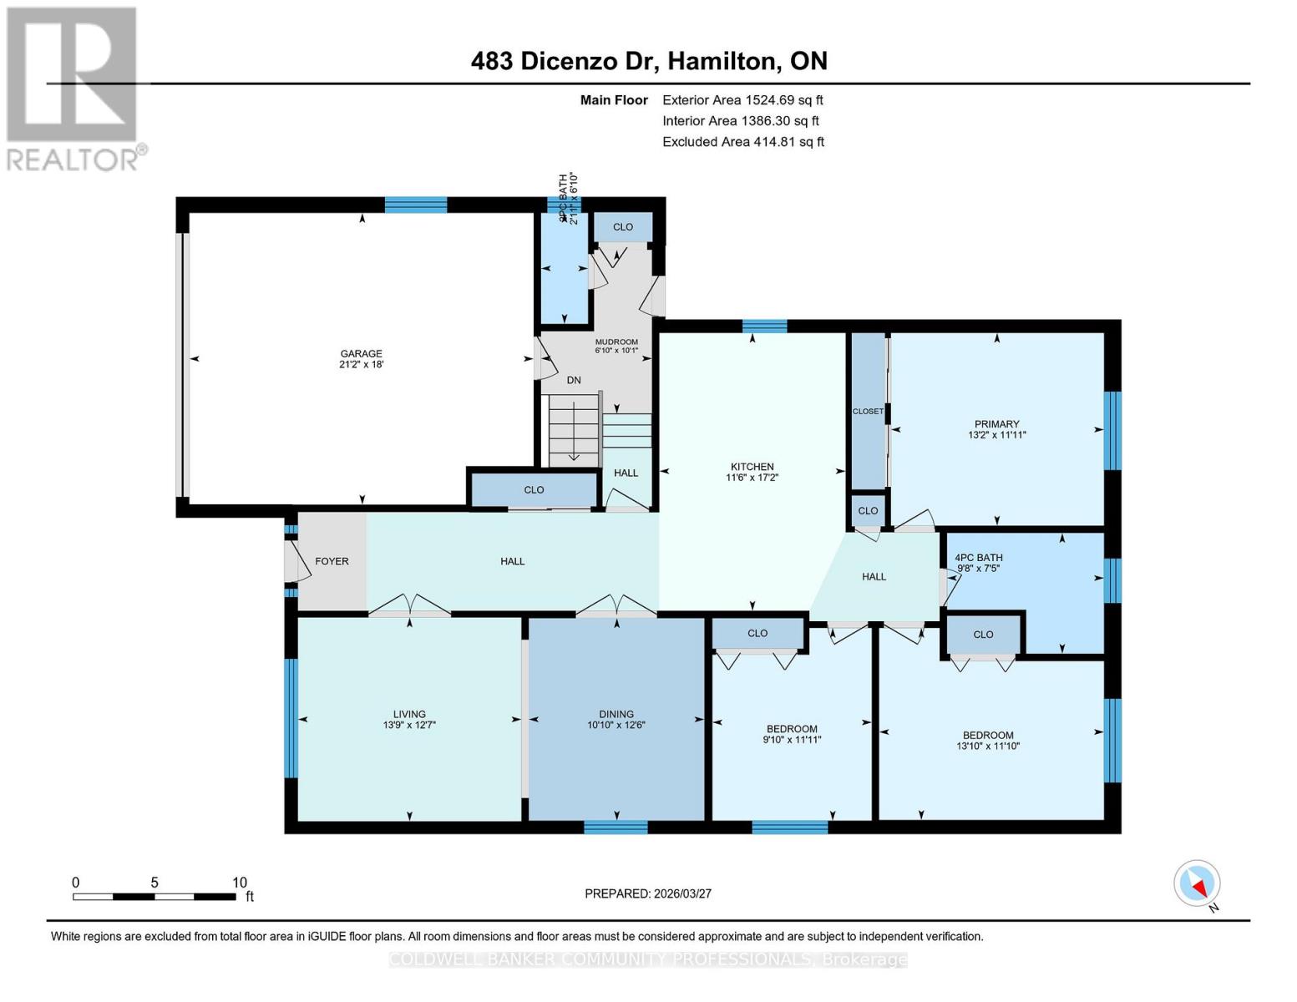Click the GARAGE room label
361,353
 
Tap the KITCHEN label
752,467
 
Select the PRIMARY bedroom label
996,423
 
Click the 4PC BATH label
979,557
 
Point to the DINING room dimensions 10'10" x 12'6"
616,725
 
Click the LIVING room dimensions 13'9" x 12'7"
409,725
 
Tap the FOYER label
332,561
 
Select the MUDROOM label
616,342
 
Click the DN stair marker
574,380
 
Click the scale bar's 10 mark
240,883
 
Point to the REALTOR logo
73,88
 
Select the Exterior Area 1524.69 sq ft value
742,99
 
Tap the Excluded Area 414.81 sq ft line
742,141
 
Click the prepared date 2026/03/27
648,893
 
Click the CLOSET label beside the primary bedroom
868,411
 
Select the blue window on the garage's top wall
415,205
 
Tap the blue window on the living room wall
291,718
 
